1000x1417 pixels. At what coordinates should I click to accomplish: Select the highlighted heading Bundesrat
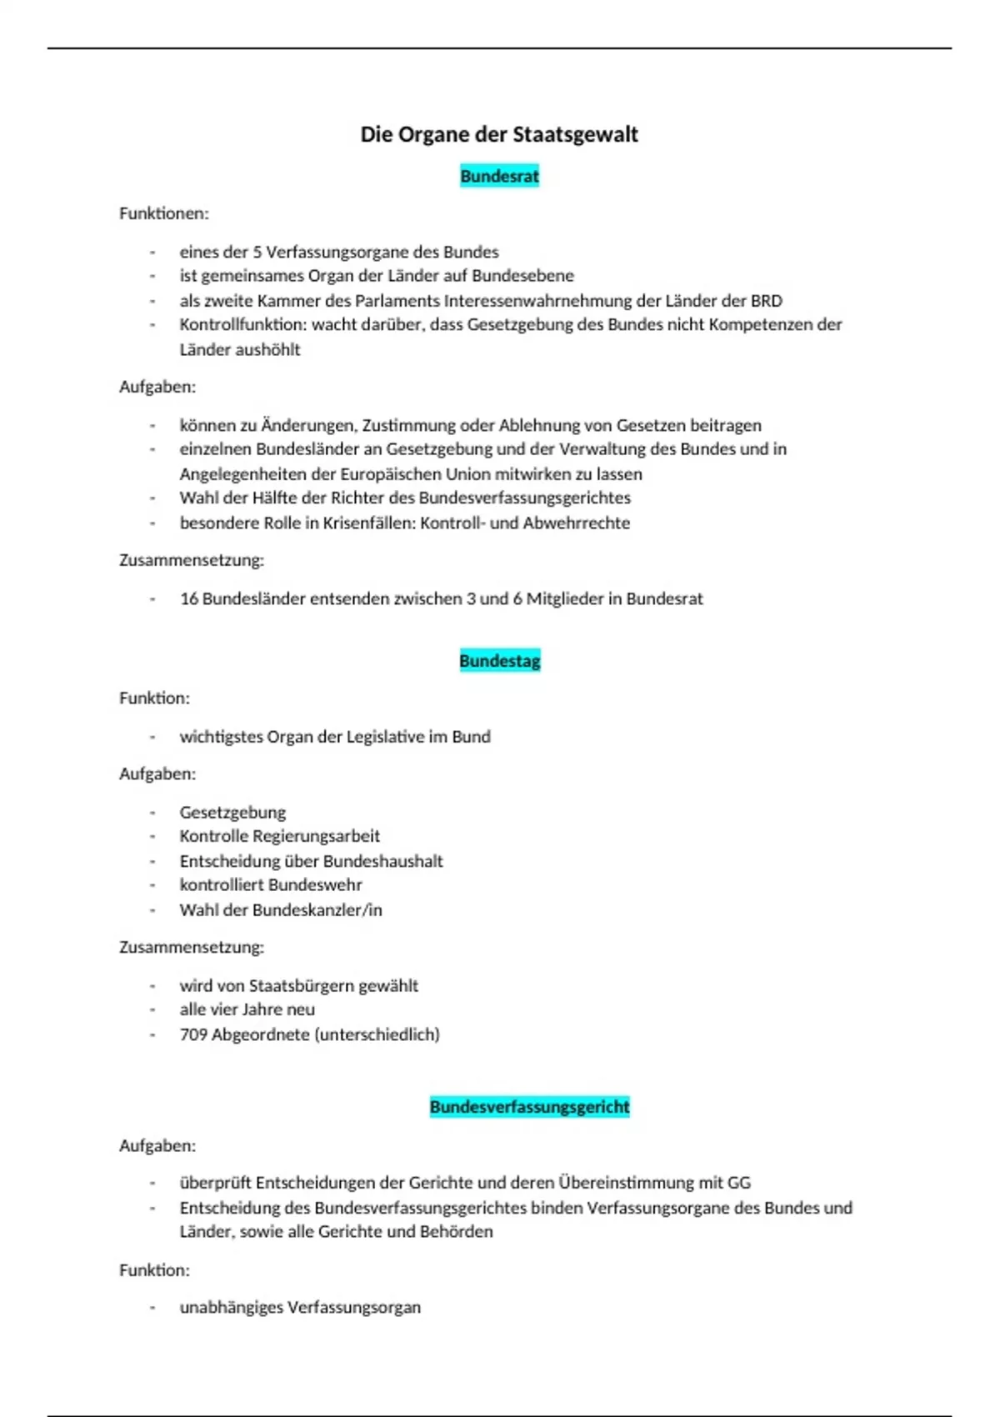[499, 176]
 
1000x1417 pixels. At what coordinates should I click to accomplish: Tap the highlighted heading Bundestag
[499, 661]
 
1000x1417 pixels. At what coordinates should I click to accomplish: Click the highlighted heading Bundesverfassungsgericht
[529, 1107]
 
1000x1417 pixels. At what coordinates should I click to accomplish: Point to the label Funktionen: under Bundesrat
[164, 213]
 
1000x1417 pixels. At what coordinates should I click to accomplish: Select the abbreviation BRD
[766, 300]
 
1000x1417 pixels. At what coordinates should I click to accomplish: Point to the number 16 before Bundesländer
[189, 598]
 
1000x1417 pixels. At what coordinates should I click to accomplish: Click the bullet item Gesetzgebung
[232, 812]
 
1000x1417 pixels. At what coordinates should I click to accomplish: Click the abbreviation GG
[739, 1182]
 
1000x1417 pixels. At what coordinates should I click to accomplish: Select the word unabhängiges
[231, 1307]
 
